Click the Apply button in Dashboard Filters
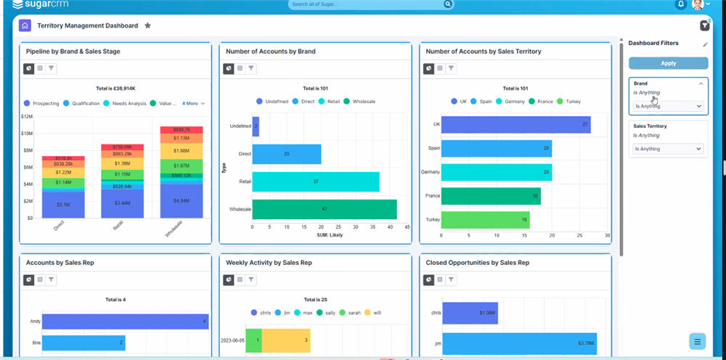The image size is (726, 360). click(668, 63)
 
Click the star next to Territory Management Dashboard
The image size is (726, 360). click(147, 25)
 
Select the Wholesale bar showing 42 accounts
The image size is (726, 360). click(324, 209)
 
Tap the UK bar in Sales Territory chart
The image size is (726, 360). click(515, 125)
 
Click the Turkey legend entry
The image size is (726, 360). click(570, 102)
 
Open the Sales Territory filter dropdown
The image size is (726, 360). click(668, 149)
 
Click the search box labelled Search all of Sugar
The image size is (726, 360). click(367, 4)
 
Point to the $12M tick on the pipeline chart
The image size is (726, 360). click(28, 116)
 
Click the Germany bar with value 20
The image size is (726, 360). click(497, 172)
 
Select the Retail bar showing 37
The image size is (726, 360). click(315, 181)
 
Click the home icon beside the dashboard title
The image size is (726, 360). click(25, 25)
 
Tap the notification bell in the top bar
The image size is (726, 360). click(681, 4)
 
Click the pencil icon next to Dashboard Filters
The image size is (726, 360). click(705, 44)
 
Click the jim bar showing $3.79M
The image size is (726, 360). click(519, 343)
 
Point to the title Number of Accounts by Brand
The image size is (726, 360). click(270, 52)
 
